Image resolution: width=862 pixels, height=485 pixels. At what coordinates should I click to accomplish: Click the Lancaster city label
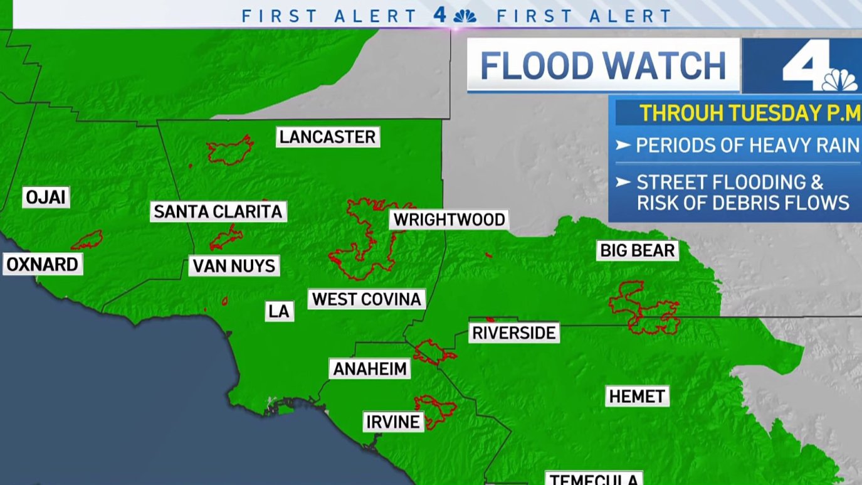327,137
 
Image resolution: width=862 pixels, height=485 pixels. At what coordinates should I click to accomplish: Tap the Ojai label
46,198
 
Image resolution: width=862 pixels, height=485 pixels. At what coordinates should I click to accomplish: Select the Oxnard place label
43,264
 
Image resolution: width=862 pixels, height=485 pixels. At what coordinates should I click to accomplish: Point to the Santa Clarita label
218,211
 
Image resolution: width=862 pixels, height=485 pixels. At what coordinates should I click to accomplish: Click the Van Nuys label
234,266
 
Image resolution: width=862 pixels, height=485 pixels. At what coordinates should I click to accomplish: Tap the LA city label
279,311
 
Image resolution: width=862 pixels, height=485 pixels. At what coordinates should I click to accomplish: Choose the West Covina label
367,299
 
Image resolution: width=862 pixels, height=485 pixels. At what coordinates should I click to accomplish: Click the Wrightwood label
449,220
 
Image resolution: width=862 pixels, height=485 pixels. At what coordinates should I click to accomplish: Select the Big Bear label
638,251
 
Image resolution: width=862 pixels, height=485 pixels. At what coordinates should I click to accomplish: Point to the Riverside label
514,333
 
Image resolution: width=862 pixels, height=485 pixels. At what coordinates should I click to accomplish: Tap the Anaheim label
370,369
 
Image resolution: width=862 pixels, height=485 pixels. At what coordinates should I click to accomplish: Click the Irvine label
392,422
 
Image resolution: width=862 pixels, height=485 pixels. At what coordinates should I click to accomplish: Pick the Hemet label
637,397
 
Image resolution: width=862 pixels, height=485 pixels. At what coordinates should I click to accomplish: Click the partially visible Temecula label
594,479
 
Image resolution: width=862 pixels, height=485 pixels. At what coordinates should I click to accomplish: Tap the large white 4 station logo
809,66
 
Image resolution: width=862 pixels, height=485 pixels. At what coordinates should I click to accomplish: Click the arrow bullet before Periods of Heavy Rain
623,146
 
